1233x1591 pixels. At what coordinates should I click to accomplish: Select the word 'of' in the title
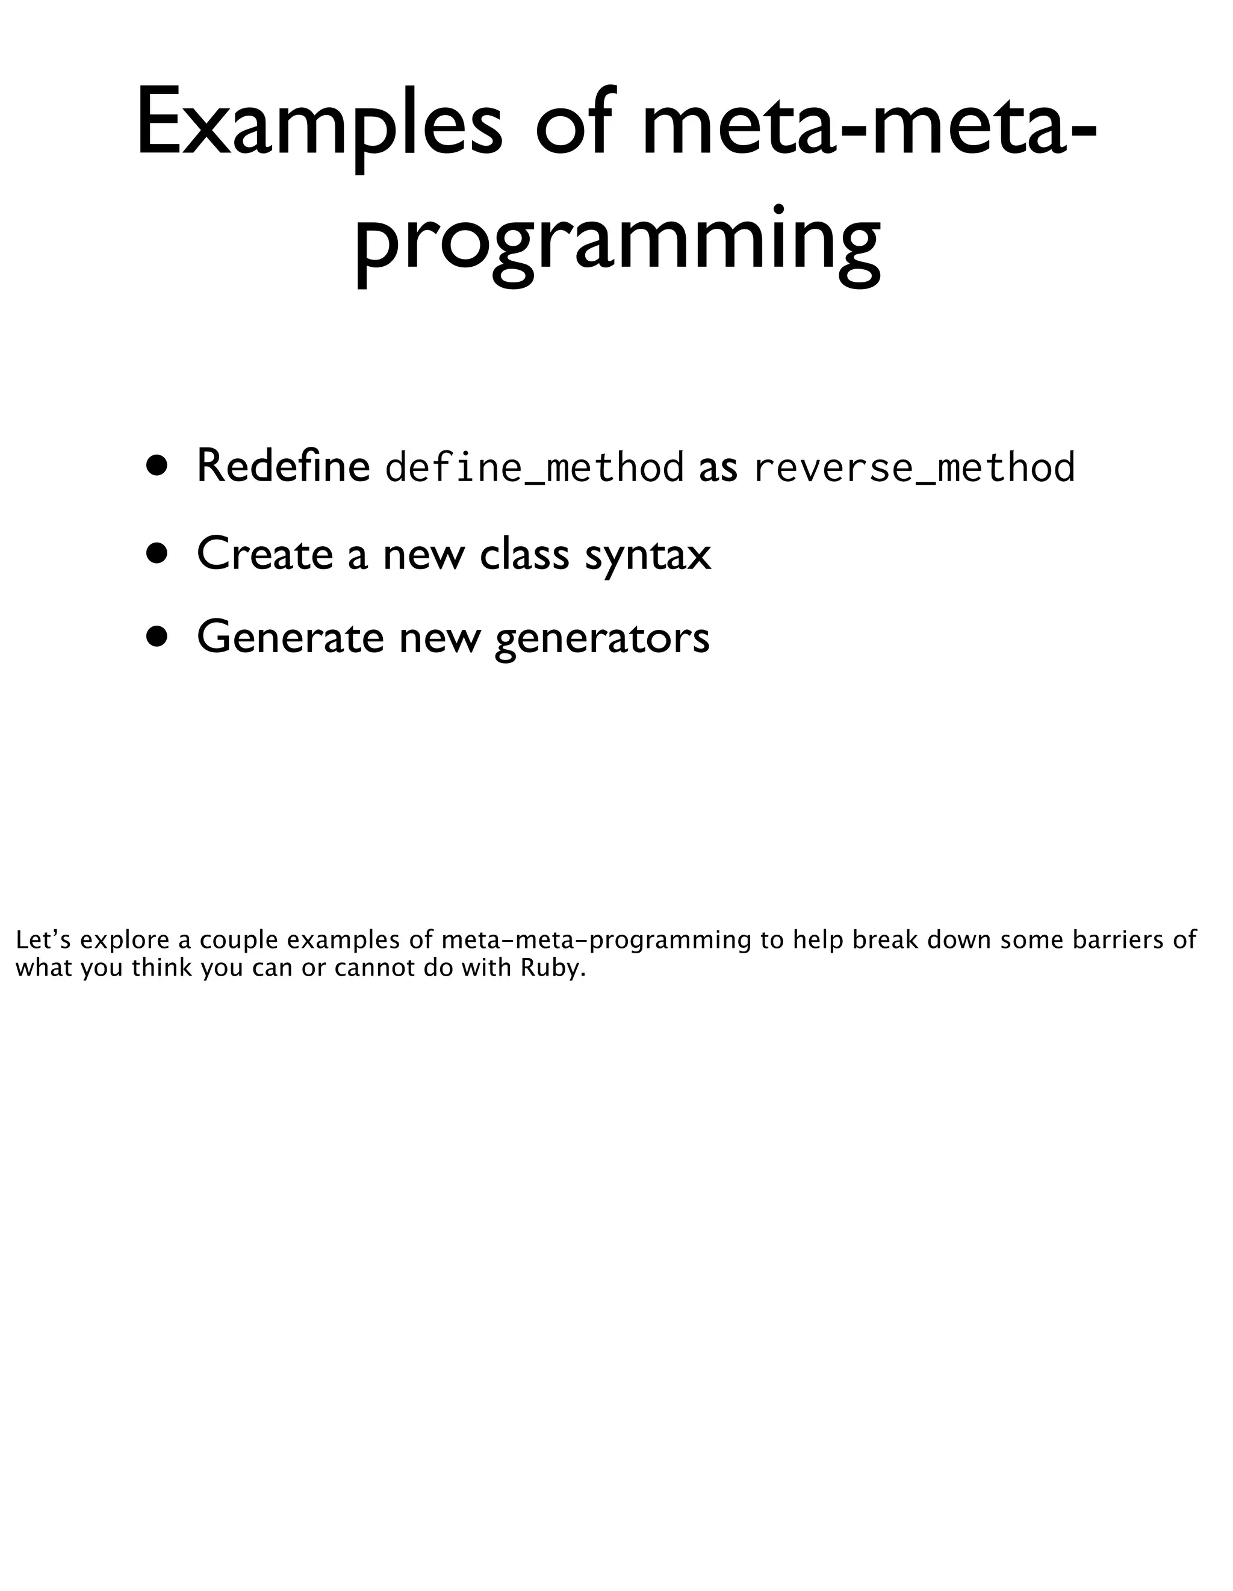coord(573,124)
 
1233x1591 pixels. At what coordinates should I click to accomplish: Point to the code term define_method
coord(534,468)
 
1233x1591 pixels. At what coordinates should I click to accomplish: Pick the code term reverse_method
coord(914,468)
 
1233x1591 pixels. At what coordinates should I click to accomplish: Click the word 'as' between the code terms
coord(718,468)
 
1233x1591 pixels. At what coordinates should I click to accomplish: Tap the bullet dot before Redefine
coord(156,465)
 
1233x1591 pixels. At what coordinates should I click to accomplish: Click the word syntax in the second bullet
coord(647,556)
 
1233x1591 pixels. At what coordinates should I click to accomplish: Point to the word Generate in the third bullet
coord(290,637)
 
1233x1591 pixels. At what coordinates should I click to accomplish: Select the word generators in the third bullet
coord(601,639)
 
